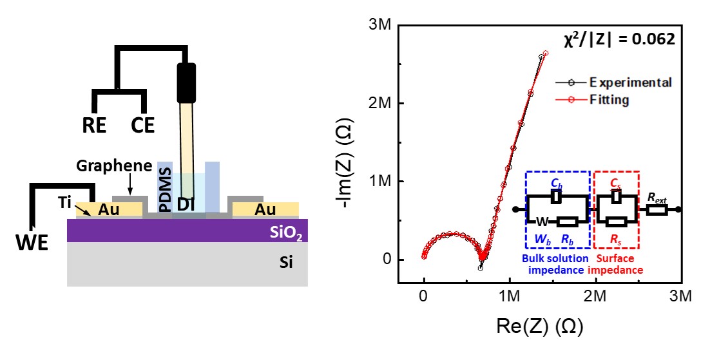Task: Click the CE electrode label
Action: [143, 125]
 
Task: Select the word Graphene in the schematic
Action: [104, 165]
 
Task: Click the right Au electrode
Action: [265, 209]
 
